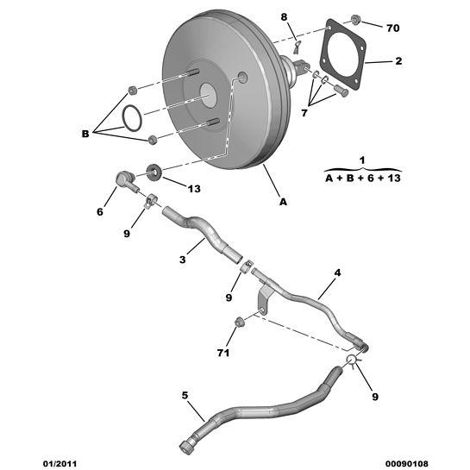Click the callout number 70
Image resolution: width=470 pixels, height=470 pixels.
point(393,28)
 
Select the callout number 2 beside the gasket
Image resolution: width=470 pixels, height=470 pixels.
point(398,61)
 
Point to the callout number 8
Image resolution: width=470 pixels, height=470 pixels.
point(284,17)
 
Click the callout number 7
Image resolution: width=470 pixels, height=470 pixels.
point(304,113)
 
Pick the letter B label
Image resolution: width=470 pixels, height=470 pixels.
point(85,134)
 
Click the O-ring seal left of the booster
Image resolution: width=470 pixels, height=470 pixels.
point(132,118)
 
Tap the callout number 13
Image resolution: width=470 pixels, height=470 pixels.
point(194,189)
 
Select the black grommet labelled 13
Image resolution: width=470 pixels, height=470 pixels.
point(154,172)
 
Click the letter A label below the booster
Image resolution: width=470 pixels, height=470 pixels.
point(283,202)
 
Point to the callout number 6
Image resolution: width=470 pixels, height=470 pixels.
point(100,212)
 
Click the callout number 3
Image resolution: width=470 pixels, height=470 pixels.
point(183,260)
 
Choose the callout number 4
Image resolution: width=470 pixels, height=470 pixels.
point(337,273)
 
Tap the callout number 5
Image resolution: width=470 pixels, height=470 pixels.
point(185,395)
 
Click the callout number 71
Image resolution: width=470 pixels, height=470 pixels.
point(223,353)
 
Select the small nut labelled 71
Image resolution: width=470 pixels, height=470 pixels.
point(239,323)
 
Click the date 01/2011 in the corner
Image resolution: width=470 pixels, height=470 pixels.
point(60,464)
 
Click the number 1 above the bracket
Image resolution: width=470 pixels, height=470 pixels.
point(362,160)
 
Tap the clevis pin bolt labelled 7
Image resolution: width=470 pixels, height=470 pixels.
point(341,91)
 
